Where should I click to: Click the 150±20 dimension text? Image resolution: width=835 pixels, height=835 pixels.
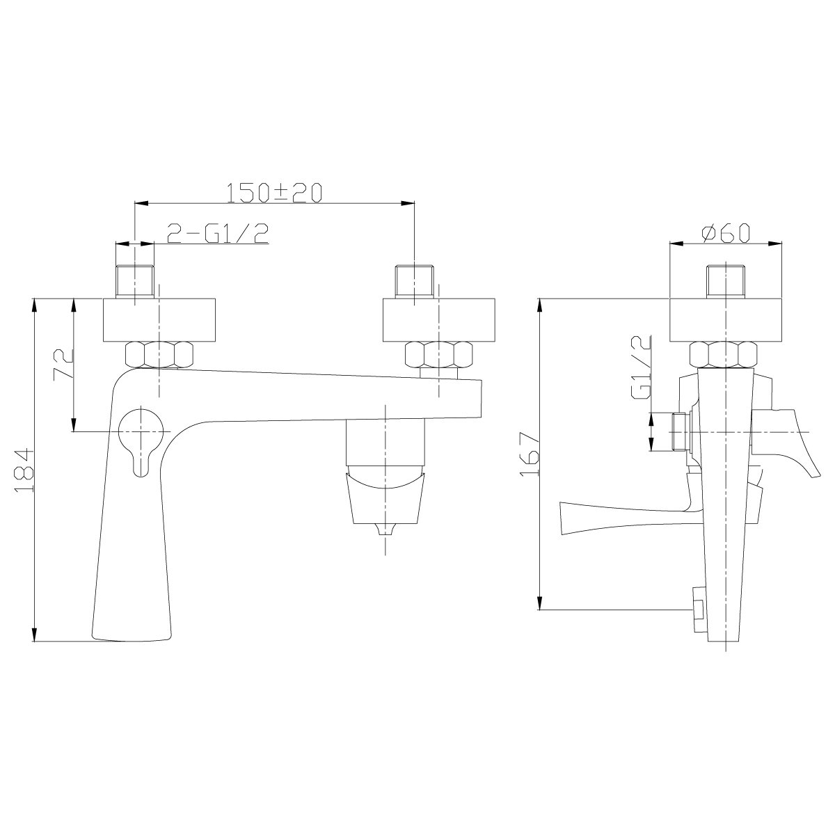point(275,193)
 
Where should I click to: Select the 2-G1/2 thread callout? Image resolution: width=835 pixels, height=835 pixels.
point(218,234)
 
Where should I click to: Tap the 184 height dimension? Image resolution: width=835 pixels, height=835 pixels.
point(24,470)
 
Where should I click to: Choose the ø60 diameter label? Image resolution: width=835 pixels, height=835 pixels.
point(726,234)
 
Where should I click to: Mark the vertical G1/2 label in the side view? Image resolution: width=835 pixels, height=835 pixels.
point(642,367)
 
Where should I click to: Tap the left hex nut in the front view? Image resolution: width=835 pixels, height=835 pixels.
point(159,355)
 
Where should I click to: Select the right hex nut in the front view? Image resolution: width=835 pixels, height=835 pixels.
point(438,355)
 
